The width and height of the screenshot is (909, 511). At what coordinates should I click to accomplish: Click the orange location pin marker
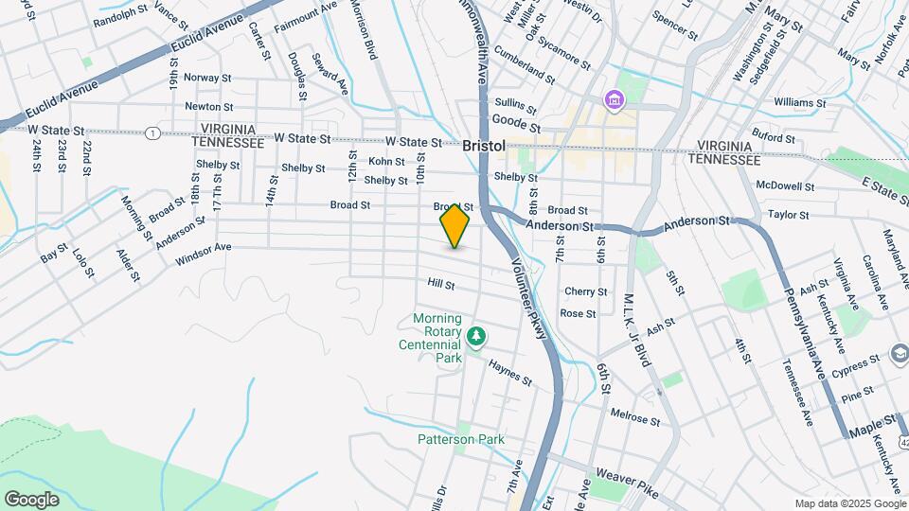(454, 225)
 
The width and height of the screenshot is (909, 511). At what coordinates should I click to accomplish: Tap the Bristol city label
(484, 147)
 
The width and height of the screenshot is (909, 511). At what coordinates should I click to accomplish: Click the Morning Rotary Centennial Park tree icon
(478, 336)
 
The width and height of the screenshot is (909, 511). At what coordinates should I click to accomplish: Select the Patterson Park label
(461, 439)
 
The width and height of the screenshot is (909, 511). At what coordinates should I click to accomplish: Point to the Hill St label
(441, 284)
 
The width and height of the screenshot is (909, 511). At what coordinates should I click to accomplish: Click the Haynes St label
(510, 372)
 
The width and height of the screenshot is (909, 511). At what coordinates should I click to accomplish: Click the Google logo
(31, 499)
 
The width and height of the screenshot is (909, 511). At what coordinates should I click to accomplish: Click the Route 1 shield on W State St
(151, 133)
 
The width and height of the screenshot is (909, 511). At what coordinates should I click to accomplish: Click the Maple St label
(876, 419)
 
